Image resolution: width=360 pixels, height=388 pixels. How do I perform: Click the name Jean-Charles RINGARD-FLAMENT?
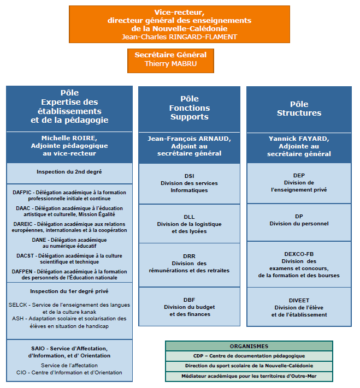[179, 37]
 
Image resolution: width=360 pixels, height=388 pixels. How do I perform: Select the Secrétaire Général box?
[170, 61]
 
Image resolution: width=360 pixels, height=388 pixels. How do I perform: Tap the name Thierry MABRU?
[170, 64]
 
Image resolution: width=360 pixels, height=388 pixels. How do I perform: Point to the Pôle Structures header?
[299, 109]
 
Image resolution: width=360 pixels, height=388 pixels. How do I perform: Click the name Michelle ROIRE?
[69, 138]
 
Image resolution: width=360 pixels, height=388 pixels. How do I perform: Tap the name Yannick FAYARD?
[299, 139]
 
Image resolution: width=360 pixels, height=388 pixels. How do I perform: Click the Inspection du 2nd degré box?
[69, 173]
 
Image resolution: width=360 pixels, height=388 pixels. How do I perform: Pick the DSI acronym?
[190, 176]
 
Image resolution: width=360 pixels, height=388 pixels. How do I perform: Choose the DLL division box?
[190, 224]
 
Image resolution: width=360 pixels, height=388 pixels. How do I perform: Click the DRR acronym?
[190, 256]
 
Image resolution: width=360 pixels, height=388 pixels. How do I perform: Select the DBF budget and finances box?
[190, 307]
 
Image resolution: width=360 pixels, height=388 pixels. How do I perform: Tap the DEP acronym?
[299, 175]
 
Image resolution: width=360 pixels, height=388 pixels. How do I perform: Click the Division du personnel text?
[299, 224]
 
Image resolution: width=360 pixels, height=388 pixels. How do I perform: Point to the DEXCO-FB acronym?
[299, 254]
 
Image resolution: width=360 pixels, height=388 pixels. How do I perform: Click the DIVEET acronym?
[299, 300]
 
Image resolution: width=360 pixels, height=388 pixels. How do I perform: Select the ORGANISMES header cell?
[249, 346]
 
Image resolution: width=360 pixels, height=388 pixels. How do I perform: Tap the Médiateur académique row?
[249, 377]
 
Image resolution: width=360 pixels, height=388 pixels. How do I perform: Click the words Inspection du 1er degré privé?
[69, 291]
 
